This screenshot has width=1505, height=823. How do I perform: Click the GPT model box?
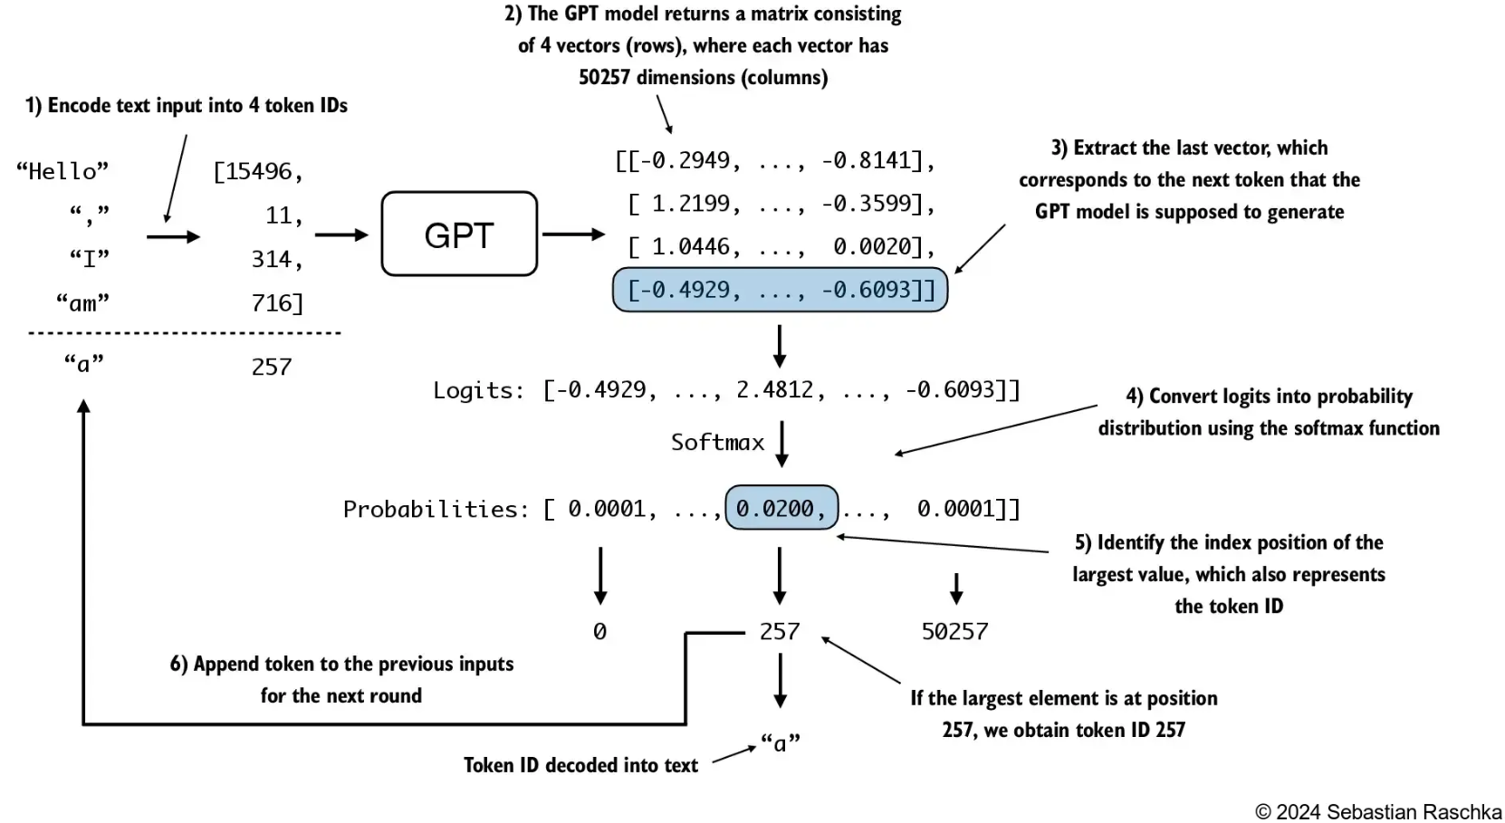(x=459, y=234)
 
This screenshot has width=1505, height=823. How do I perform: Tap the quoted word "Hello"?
(x=62, y=171)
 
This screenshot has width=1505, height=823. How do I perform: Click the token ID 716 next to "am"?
(x=276, y=302)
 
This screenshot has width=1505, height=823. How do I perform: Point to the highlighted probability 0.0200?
(x=781, y=508)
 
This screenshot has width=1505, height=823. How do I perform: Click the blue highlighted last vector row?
(x=780, y=290)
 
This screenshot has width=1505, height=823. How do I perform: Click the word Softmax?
(x=717, y=442)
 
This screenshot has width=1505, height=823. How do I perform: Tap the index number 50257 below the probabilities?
(x=954, y=631)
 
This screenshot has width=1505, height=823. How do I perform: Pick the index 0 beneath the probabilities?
(x=599, y=631)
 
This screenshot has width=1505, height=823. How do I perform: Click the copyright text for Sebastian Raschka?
(x=1377, y=811)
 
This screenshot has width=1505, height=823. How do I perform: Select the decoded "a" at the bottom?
(x=780, y=743)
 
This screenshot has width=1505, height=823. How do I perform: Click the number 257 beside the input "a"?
(x=272, y=367)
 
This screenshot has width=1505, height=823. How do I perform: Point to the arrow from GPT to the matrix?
(x=573, y=234)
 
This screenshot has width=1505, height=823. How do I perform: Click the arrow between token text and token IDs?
(x=173, y=237)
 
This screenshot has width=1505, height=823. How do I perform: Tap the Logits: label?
(x=478, y=390)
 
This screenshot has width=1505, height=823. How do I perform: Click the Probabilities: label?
(x=436, y=509)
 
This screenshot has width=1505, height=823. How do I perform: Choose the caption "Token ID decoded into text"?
(x=580, y=765)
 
